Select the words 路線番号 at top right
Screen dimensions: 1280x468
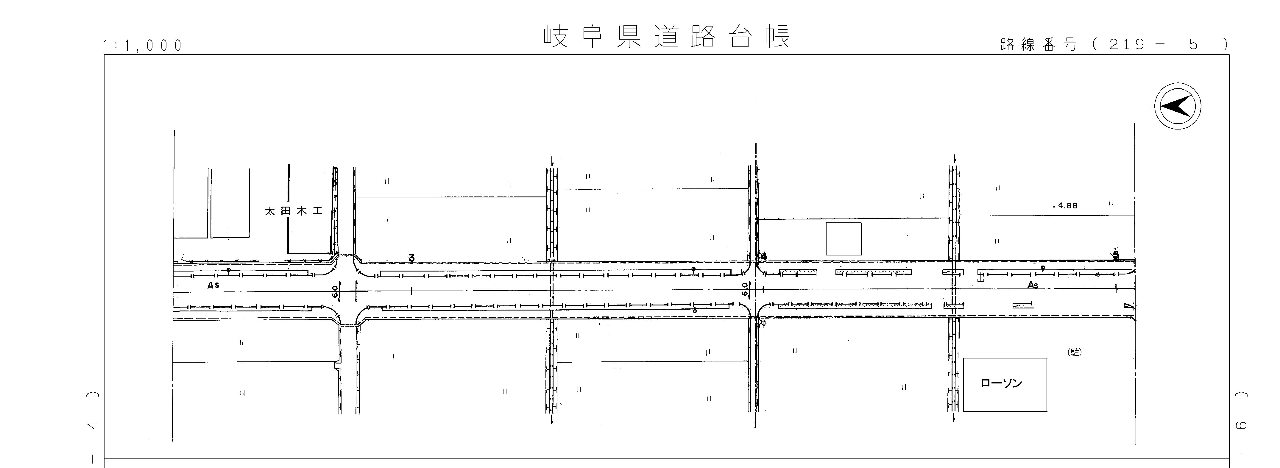(x=1039, y=45)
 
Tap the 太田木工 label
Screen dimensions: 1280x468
(x=294, y=211)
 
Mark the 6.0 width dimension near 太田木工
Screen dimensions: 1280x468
(x=335, y=292)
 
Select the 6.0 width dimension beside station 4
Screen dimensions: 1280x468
(x=744, y=289)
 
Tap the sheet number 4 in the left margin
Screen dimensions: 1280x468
(x=92, y=425)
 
